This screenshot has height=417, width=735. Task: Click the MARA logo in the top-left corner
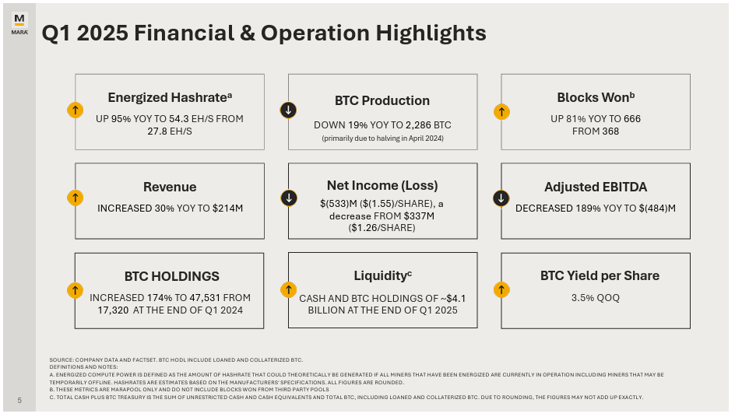click(19, 23)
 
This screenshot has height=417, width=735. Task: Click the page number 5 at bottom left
click(19, 401)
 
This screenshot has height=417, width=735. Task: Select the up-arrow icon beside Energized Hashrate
click(75, 110)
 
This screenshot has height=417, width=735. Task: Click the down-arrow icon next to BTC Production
click(288, 110)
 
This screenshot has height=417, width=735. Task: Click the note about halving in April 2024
click(382, 138)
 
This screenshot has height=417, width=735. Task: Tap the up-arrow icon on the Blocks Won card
click(501, 111)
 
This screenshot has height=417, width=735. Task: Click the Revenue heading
click(170, 187)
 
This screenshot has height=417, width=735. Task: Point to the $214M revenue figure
click(227, 208)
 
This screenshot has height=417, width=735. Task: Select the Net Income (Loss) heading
click(382, 185)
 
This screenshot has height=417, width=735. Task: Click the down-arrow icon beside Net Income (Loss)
click(288, 198)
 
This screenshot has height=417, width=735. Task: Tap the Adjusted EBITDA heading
click(596, 187)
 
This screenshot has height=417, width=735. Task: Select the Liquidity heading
click(382, 276)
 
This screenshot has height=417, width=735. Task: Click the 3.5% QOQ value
click(596, 297)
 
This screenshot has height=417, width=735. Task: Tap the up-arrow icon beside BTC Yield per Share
click(501, 289)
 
